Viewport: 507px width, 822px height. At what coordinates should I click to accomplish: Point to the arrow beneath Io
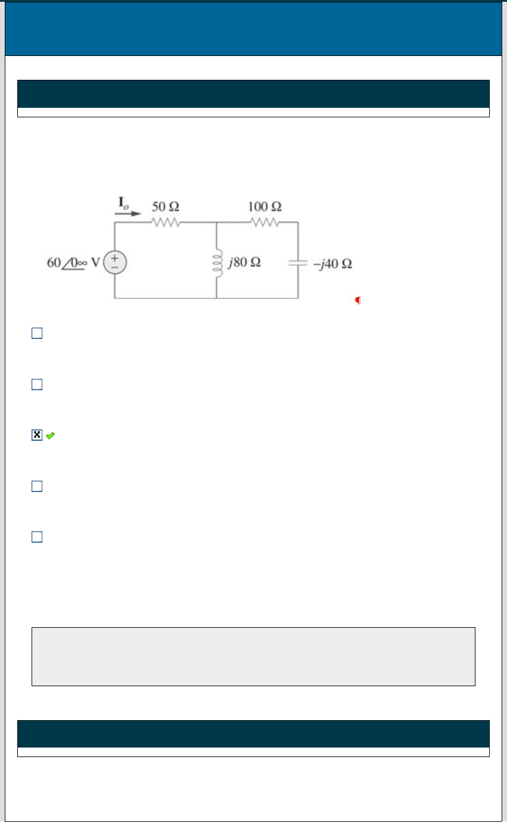pos(127,213)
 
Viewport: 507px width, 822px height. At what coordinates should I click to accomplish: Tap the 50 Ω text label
pos(166,207)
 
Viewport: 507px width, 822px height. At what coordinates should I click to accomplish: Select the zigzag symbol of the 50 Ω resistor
pos(166,222)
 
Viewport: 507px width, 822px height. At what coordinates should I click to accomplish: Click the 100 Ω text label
pos(265,207)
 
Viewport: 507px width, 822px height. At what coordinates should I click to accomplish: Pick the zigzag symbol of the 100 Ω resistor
pos(265,222)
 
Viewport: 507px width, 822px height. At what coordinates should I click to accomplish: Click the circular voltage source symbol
pos(115,262)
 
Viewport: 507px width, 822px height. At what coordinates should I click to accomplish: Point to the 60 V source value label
pos(73,263)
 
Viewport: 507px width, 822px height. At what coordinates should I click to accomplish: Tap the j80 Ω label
pos(244,262)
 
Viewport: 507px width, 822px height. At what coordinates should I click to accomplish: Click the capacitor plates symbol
pos(298,263)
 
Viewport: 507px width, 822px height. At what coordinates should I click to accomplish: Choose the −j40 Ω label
pos(332,264)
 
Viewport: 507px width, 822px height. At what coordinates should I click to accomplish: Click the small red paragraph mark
pos(358,300)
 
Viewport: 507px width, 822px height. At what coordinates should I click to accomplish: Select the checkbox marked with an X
pos(37,435)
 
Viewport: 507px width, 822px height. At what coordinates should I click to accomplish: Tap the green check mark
pos(50,435)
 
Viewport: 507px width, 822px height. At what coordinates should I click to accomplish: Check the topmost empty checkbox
pos(37,333)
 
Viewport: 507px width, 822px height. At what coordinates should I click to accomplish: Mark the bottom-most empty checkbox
pos(37,537)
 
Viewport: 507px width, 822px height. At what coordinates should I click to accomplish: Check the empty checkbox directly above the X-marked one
pos(37,384)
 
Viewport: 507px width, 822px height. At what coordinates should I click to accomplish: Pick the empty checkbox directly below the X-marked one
pos(37,486)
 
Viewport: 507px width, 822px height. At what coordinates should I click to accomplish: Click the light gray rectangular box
pos(253,656)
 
